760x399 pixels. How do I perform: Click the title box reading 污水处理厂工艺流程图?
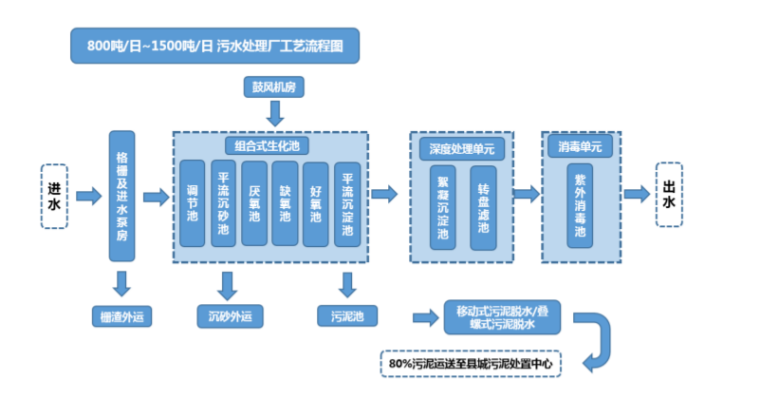click(214, 46)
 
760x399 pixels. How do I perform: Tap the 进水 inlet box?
click(54, 196)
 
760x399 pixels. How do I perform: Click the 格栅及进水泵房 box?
click(121, 196)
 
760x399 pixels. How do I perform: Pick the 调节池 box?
click(193, 202)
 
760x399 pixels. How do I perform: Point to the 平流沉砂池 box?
click(224, 202)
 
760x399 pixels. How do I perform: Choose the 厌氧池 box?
click(254, 202)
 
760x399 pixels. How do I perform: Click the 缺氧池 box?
click(285, 202)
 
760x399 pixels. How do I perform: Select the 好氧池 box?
click(316, 202)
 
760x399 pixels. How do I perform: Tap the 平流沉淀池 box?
click(347, 202)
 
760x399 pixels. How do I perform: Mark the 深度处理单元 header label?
click(461, 147)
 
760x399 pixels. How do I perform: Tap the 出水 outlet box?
click(669, 196)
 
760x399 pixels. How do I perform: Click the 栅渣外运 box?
click(121, 318)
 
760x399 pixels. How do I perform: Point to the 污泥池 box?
click(347, 318)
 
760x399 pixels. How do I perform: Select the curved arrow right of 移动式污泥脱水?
click(599, 340)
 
